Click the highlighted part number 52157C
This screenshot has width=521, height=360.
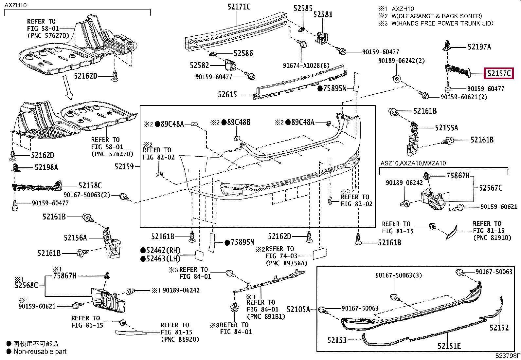(x=499, y=74)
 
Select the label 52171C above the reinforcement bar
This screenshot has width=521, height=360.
(x=239, y=7)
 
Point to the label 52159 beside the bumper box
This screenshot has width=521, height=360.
(x=124, y=167)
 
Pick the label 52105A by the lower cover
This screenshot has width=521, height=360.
(x=298, y=309)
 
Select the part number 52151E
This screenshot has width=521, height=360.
(x=449, y=346)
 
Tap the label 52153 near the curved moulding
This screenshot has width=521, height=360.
(x=337, y=340)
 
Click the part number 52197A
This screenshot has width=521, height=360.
(x=479, y=47)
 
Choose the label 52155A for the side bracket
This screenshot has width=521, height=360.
(x=446, y=128)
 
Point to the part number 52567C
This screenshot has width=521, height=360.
(x=491, y=188)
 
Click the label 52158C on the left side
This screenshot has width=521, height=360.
(x=90, y=186)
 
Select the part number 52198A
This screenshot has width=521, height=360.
(x=46, y=167)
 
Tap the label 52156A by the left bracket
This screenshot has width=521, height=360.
(x=75, y=237)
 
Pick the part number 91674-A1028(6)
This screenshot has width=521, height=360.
(x=306, y=66)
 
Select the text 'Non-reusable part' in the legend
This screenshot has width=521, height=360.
(x=40, y=351)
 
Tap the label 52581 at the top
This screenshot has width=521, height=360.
(x=323, y=14)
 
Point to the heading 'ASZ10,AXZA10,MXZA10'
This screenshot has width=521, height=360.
(x=413, y=163)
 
